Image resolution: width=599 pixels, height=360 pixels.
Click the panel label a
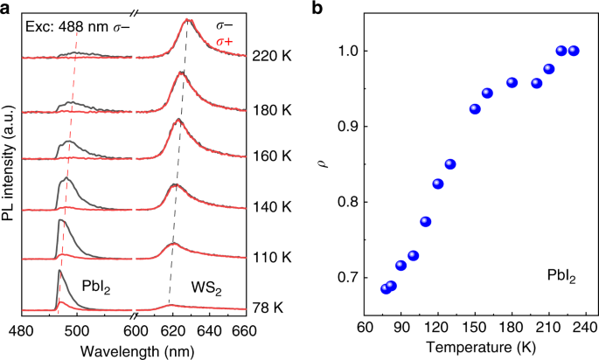coord(7,8)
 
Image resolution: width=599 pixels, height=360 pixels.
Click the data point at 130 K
coord(450,164)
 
